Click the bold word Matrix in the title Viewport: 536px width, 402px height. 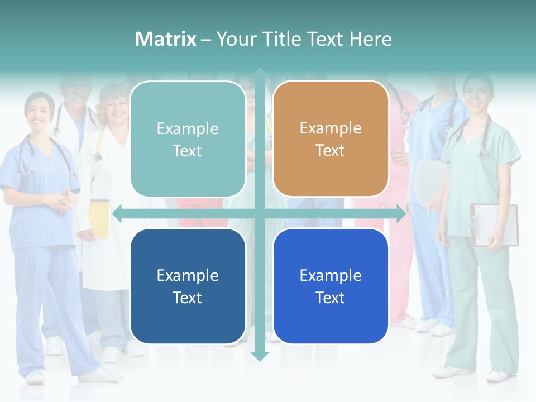[166, 39]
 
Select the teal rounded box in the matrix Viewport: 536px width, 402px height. [188, 139]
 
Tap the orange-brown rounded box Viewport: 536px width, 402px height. [331, 139]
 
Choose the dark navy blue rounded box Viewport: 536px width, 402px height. [188, 286]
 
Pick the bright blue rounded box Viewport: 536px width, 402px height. [331, 286]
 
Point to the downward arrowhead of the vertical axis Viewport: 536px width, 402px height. [260, 356]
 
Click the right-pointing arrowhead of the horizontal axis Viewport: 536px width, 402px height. [401, 214]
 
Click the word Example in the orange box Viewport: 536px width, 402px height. [331, 128]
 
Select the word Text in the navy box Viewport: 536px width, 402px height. [188, 298]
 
